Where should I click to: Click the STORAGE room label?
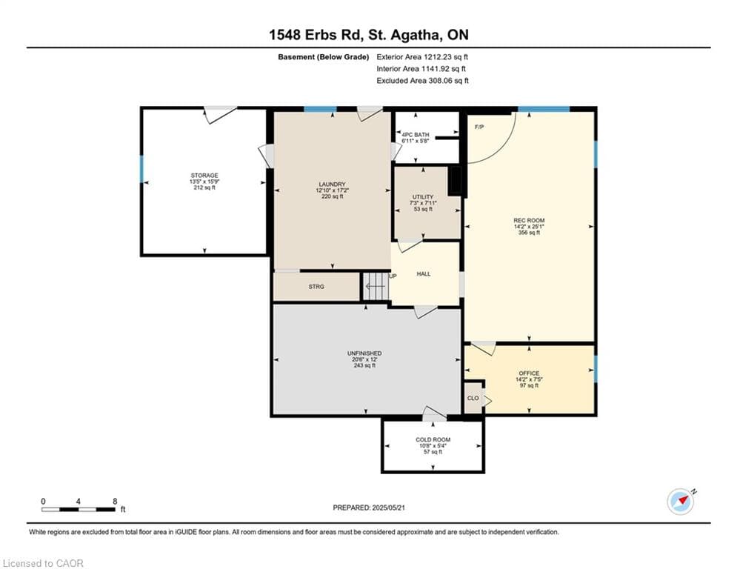coord(204,176)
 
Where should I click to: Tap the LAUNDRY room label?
coord(333,184)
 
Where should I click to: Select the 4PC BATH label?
coord(416,135)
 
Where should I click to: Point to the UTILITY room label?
coord(423,197)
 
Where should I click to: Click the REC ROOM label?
coord(530,221)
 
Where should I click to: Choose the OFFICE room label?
coord(530,373)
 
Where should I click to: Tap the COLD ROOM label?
coord(433,439)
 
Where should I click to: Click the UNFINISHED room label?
coord(364,353)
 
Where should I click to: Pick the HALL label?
coord(424,273)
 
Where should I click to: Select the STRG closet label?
coord(316,287)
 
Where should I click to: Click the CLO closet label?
coord(473,399)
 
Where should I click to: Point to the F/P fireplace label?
coord(479,127)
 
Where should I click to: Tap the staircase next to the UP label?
coord(376,287)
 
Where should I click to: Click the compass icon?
coord(681,502)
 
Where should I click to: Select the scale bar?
coord(79,509)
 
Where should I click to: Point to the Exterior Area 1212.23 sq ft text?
coord(422,57)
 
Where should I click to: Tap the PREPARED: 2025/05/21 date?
coord(369,508)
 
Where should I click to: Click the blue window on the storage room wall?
coord(141,169)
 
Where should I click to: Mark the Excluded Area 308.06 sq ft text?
coord(422,81)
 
